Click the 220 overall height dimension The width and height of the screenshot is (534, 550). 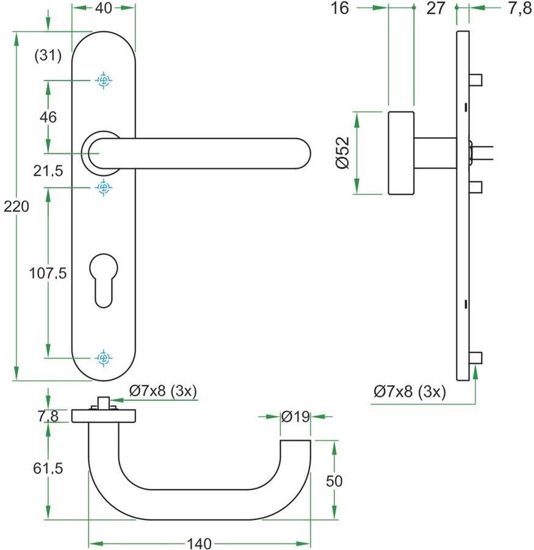coord(16,207)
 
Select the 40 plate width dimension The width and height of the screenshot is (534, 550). coord(103,8)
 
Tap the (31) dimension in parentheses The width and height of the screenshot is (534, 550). coord(48,56)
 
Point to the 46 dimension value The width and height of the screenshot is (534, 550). coord(48,117)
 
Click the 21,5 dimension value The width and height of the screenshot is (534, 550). coord(48,171)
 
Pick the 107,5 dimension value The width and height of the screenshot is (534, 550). coord(48,273)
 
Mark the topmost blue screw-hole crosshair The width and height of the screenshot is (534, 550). coord(103,81)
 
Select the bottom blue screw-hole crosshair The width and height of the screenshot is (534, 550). coord(103,358)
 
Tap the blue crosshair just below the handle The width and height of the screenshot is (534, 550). coord(103,188)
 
